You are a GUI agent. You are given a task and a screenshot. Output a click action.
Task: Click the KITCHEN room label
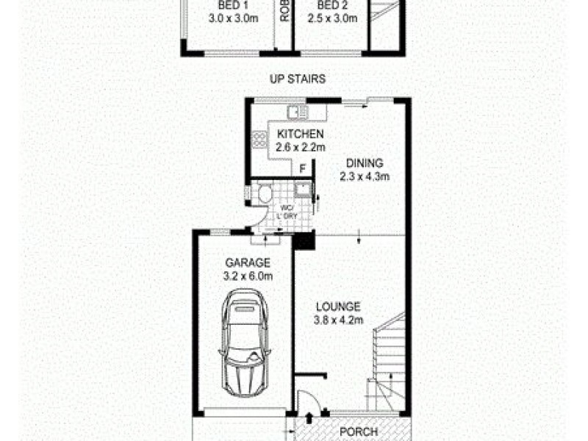click(x=299, y=134)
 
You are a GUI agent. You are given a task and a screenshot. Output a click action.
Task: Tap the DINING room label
click(x=364, y=163)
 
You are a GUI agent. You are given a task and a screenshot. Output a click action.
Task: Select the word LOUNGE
click(x=337, y=306)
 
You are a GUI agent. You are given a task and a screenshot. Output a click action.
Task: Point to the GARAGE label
click(x=248, y=262)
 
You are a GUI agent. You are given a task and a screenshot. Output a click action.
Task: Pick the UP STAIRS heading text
click(x=297, y=79)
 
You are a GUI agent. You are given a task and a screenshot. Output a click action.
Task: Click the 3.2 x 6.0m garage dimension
click(x=248, y=276)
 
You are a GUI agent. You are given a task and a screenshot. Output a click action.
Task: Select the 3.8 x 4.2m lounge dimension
click(x=337, y=320)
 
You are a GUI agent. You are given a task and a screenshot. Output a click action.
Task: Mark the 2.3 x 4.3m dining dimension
click(x=364, y=176)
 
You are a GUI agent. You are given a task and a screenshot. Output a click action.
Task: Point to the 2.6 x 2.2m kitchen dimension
click(x=299, y=147)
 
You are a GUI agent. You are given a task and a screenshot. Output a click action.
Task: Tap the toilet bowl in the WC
click(x=265, y=195)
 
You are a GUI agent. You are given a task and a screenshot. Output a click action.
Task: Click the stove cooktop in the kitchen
click(x=259, y=139)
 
